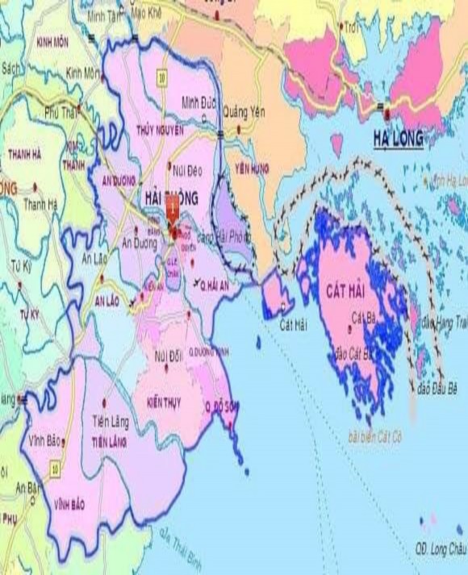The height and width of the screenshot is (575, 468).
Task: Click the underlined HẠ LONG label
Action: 399,139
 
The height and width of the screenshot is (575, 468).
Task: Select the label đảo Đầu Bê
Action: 437,389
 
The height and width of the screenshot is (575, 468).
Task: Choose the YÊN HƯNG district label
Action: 253,169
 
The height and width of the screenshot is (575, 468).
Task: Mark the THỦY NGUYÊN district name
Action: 161,130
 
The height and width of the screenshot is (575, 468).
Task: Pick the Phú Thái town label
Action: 63,111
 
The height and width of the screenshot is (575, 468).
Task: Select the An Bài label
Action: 29,487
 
